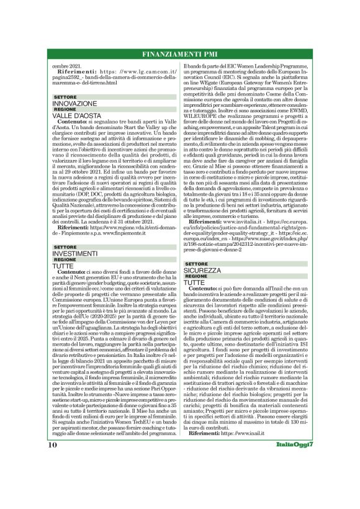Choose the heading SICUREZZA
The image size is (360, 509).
(x=205, y=271)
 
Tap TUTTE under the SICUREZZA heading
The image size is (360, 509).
(x=199, y=283)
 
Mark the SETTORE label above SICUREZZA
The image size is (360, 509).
(x=199, y=264)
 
